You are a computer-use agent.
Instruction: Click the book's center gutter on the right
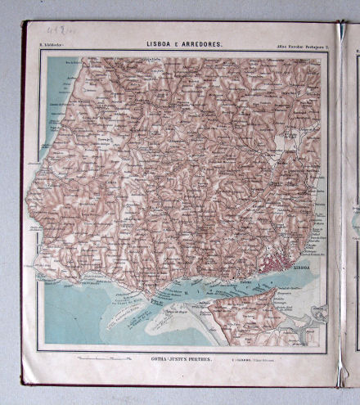[341, 205]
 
